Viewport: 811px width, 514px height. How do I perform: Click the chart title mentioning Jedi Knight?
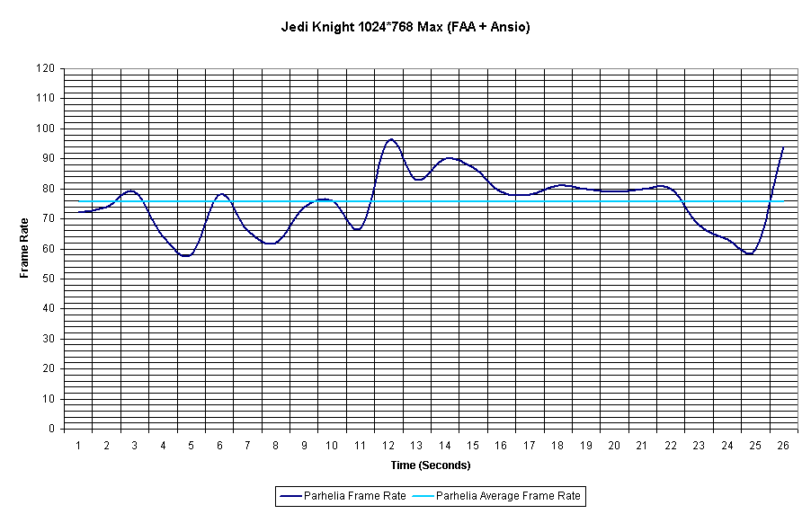pos(405,27)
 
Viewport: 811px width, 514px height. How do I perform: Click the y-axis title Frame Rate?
pos(25,248)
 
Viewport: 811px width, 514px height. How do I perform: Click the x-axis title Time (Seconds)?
pos(431,465)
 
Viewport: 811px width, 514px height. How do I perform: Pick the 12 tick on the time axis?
pos(388,446)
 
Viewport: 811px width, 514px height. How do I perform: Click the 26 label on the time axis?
pos(783,446)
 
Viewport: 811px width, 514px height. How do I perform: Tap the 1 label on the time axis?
pos(78,446)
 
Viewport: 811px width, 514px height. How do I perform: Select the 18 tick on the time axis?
pos(557,446)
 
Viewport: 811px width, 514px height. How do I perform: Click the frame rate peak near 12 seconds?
pos(390,139)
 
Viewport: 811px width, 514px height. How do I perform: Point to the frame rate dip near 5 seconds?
pos(186,256)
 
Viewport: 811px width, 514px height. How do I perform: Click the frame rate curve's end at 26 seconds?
pos(783,147)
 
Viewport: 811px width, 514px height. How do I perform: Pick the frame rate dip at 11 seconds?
pos(358,229)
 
